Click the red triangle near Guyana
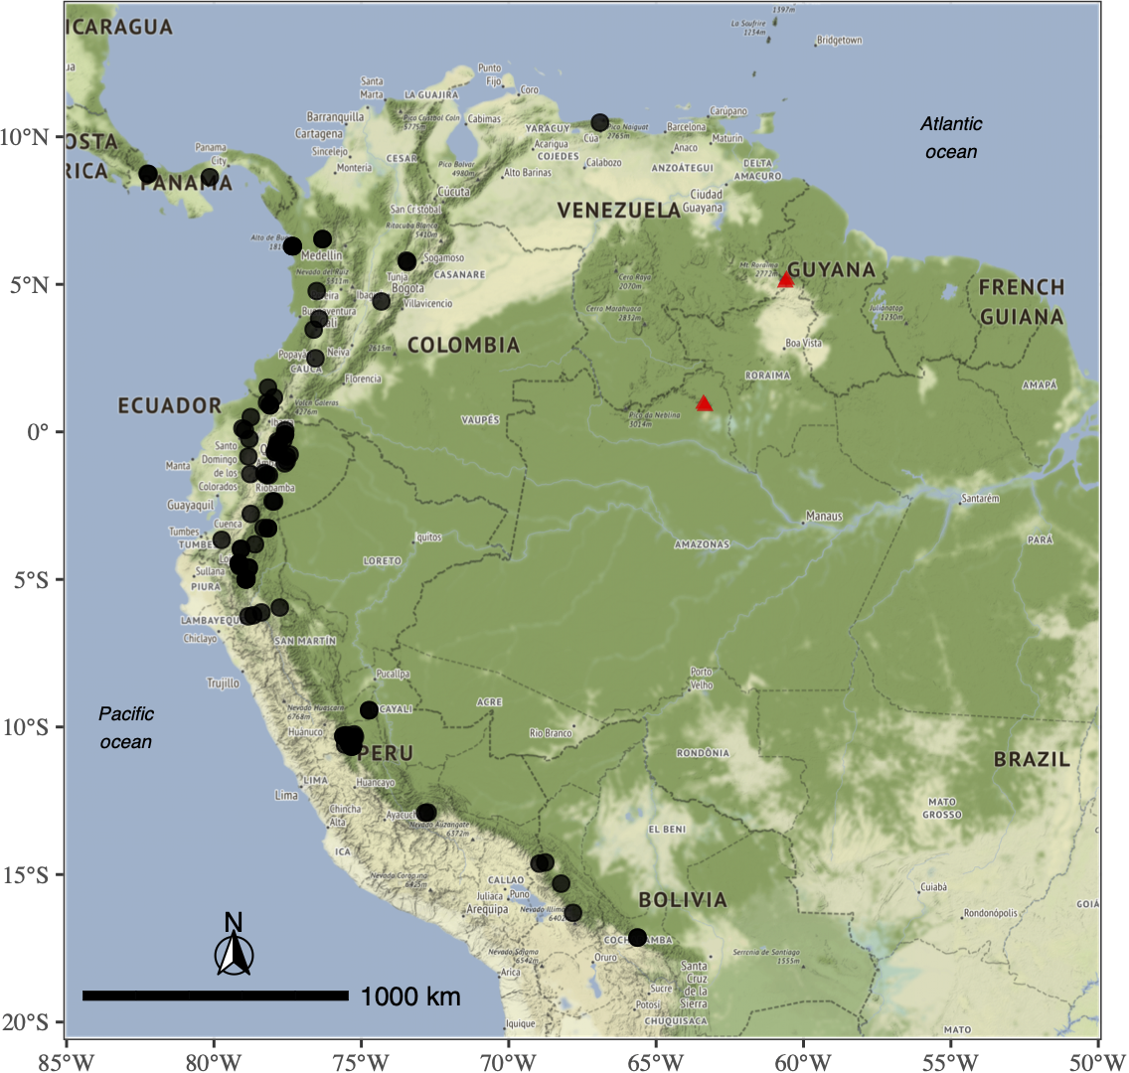(x=786, y=279)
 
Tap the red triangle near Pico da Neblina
(x=705, y=403)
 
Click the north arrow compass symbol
(x=235, y=949)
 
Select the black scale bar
(x=216, y=996)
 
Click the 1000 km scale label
(x=410, y=996)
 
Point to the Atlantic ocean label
(x=951, y=137)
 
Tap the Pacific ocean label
(x=126, y=727)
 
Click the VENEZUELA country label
(x=618, y=211)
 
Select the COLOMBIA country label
(x=463, y=345)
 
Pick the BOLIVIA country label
(x=683, y=900)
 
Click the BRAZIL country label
(x=1032, y=760)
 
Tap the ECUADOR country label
(x=170, y=405)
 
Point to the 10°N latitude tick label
(x=29, y=137)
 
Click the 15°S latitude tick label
(x=29, y=875)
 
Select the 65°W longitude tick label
(x=655, y=1059)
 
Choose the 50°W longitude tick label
(x=1096, y=1059)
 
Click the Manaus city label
(x=824, y=517)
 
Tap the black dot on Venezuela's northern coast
(x=599, y=122)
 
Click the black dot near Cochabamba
(x=637, y=937)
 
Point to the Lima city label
(x=286, y=796)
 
